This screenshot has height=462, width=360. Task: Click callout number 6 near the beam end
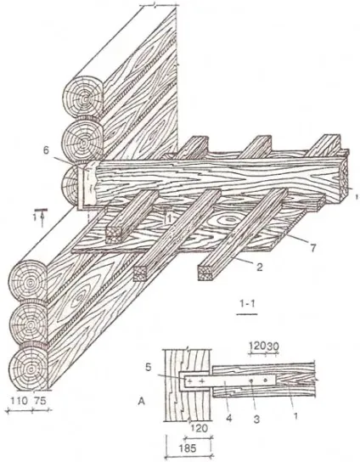coord(46,150)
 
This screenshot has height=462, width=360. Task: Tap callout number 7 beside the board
coord(312,248)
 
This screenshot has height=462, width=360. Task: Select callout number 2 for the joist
coord(260,267)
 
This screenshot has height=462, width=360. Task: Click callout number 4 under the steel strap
coord(229,418)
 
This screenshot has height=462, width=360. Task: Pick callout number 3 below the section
coord(256,419)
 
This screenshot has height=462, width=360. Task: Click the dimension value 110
coord(19,401)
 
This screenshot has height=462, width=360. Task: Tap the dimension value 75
coord(40,401)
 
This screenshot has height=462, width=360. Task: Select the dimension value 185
coord(188,448)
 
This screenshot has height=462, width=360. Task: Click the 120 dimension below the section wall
coord(200,428)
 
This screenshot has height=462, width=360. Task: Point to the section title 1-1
coord(247,304)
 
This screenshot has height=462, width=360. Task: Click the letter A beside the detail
coord(142,402)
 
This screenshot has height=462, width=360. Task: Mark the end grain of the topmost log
coord(84,98)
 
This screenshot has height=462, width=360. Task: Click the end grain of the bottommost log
coord(29,369)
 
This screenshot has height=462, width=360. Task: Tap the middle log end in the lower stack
coord(29,324)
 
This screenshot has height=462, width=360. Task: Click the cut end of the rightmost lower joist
coord(206,273)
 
